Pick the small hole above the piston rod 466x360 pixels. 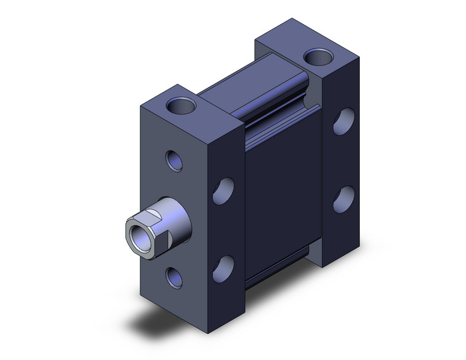[x=174, y=161]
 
